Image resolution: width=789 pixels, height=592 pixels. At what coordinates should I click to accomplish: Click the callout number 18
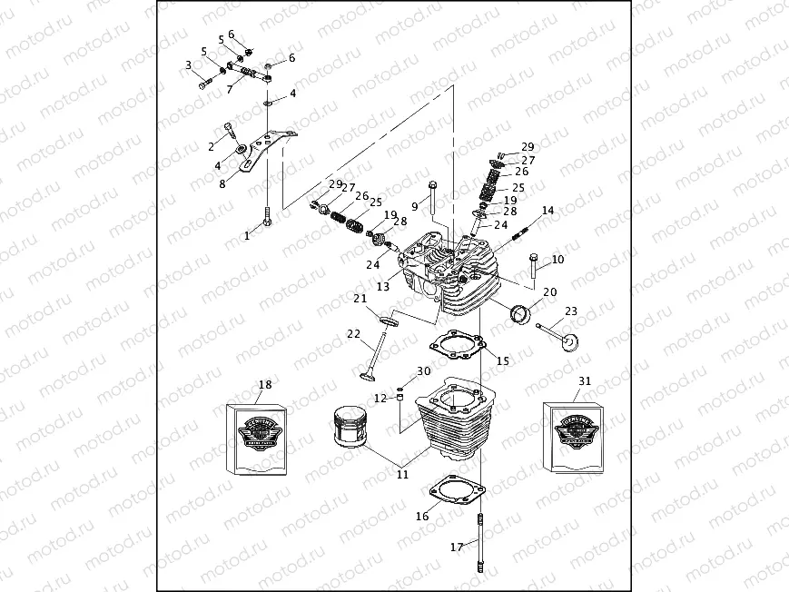point(264,384)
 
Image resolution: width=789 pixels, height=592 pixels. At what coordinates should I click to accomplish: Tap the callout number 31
point(584,381)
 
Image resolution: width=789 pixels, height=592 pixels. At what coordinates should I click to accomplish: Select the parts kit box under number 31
point(574,437)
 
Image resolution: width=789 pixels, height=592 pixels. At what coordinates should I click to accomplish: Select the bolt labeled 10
point(534,265)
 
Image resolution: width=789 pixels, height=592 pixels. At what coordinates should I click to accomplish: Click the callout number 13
point(382,287)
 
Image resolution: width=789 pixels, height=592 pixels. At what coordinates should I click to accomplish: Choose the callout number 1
point(245,235)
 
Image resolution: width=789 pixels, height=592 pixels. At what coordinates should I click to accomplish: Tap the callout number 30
point(424,371)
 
